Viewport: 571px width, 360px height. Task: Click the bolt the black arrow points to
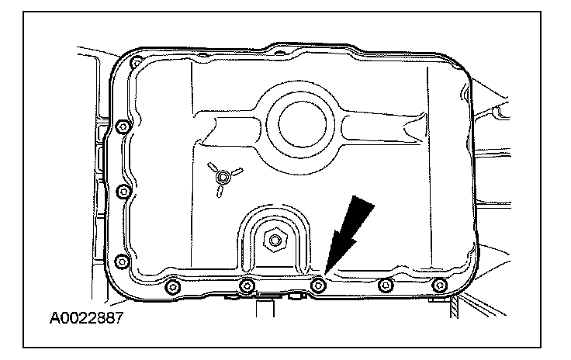click(x=316, y=286)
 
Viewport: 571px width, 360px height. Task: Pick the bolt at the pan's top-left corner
click(x=137, y=62)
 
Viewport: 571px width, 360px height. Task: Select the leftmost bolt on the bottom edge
click(x=171, y=288)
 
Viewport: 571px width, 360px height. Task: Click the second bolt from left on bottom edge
click(x=247, y=287)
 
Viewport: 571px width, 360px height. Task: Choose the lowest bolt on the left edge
click(x=119, y=260)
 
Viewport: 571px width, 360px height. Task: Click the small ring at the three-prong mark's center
click(x=223, y=178)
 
